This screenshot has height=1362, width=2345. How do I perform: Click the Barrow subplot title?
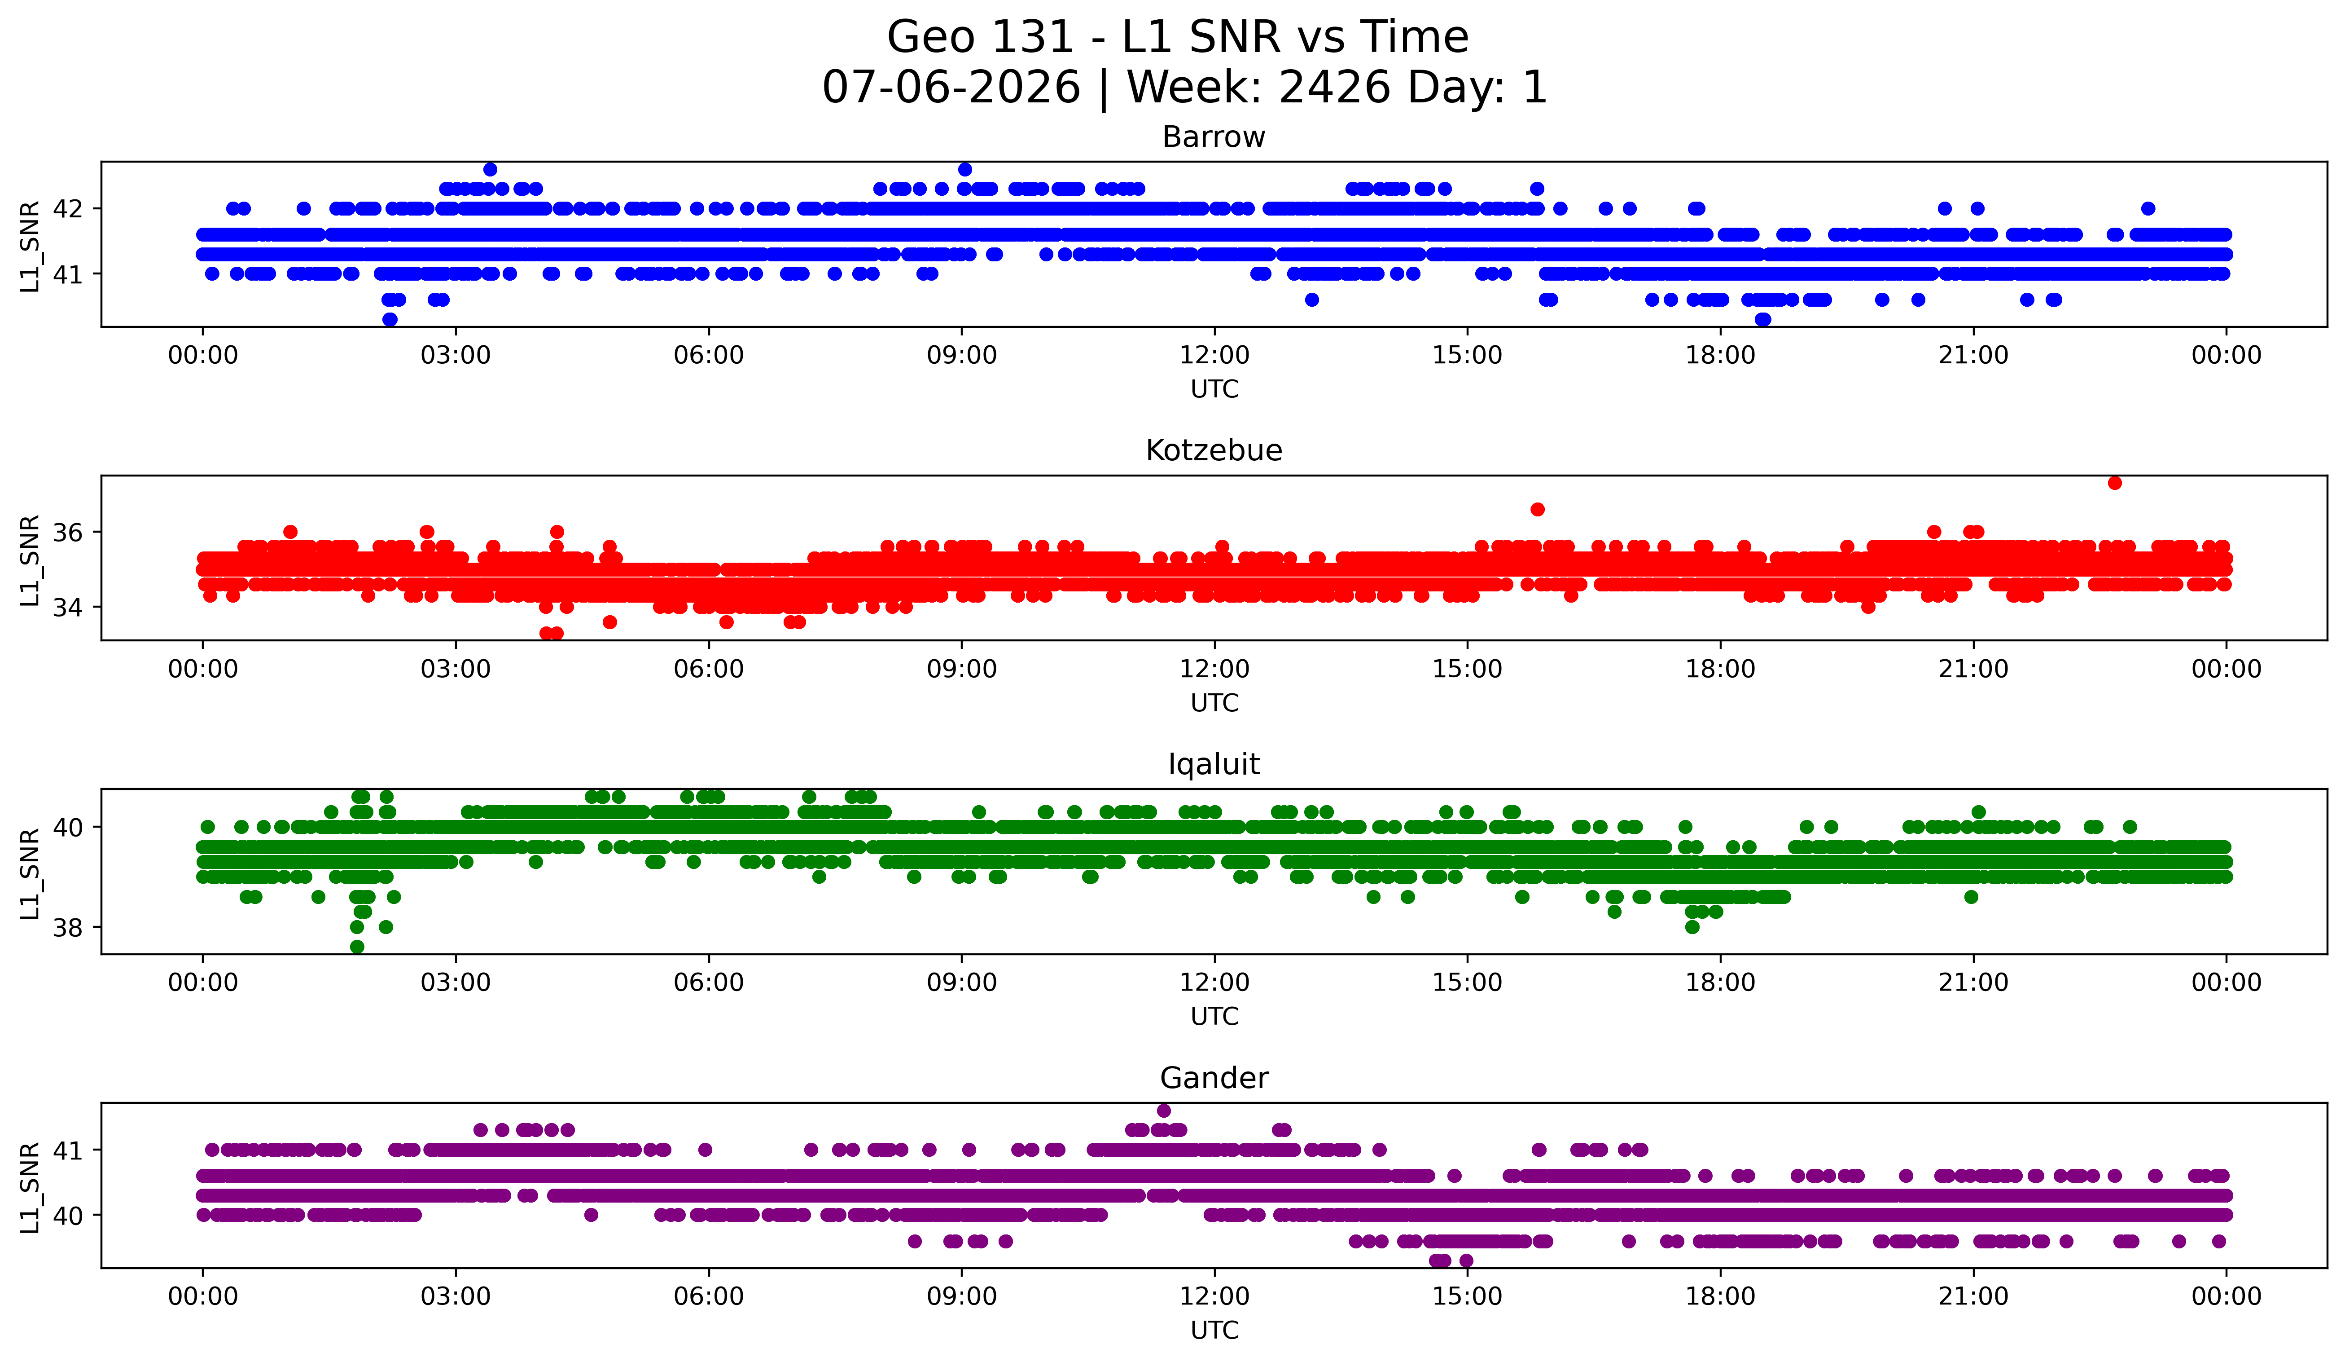coord(1214,137)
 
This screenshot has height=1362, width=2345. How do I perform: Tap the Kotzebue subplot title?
coord(1214,450)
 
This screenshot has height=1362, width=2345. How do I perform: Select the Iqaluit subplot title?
coord(1214,764)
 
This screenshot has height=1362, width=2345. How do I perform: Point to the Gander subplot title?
coord(1214,1078)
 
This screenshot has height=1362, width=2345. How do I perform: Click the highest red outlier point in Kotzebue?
coord(2114,482)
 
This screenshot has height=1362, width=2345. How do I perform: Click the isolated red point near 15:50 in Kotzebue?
coord(1537,509)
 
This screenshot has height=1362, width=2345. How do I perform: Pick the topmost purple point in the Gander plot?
coord(1163,1111)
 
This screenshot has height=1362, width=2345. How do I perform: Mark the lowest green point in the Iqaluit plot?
coord(356,947)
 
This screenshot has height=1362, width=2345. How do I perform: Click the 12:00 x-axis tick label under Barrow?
coord(1214,356)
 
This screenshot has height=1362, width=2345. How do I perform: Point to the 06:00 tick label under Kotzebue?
coord(709,670)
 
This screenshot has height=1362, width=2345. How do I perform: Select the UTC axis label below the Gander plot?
coord(1214,1331)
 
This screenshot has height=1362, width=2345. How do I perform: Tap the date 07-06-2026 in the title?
coord(951,88)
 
